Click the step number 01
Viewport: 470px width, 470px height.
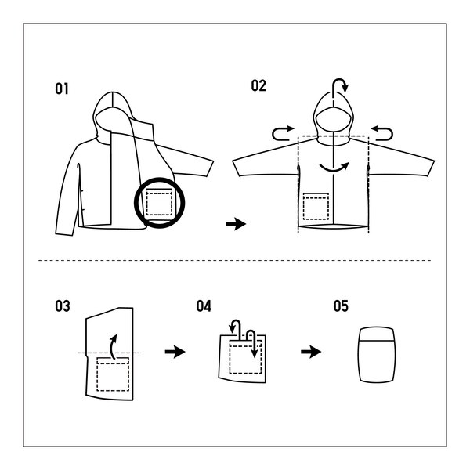point(62,89)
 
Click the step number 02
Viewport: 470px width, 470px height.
point(258,85)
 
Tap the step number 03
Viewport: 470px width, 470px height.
point(62,305)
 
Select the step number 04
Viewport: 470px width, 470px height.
point(204,305)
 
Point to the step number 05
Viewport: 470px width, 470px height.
point(341,305)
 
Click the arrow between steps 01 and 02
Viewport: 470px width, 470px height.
point(235,224)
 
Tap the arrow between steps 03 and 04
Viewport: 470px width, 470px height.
point(175,352)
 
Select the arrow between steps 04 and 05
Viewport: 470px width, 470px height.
point(311,352)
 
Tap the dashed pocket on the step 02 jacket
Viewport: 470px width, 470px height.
point(316,205)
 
